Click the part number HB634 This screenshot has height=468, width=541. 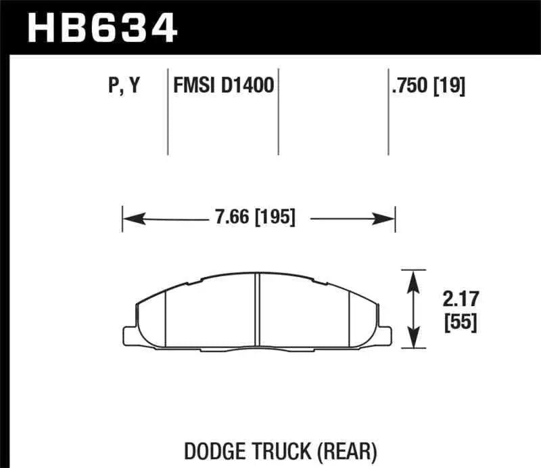click(101, 28)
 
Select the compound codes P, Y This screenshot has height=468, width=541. click(124, 86)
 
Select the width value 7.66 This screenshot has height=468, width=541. click(227, 218)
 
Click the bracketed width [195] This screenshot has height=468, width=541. click(273, 218)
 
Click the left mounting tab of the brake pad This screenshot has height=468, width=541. click(130, 334)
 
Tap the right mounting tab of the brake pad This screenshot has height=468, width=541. click(385, 334)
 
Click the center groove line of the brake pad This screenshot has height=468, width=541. click(258, 311)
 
